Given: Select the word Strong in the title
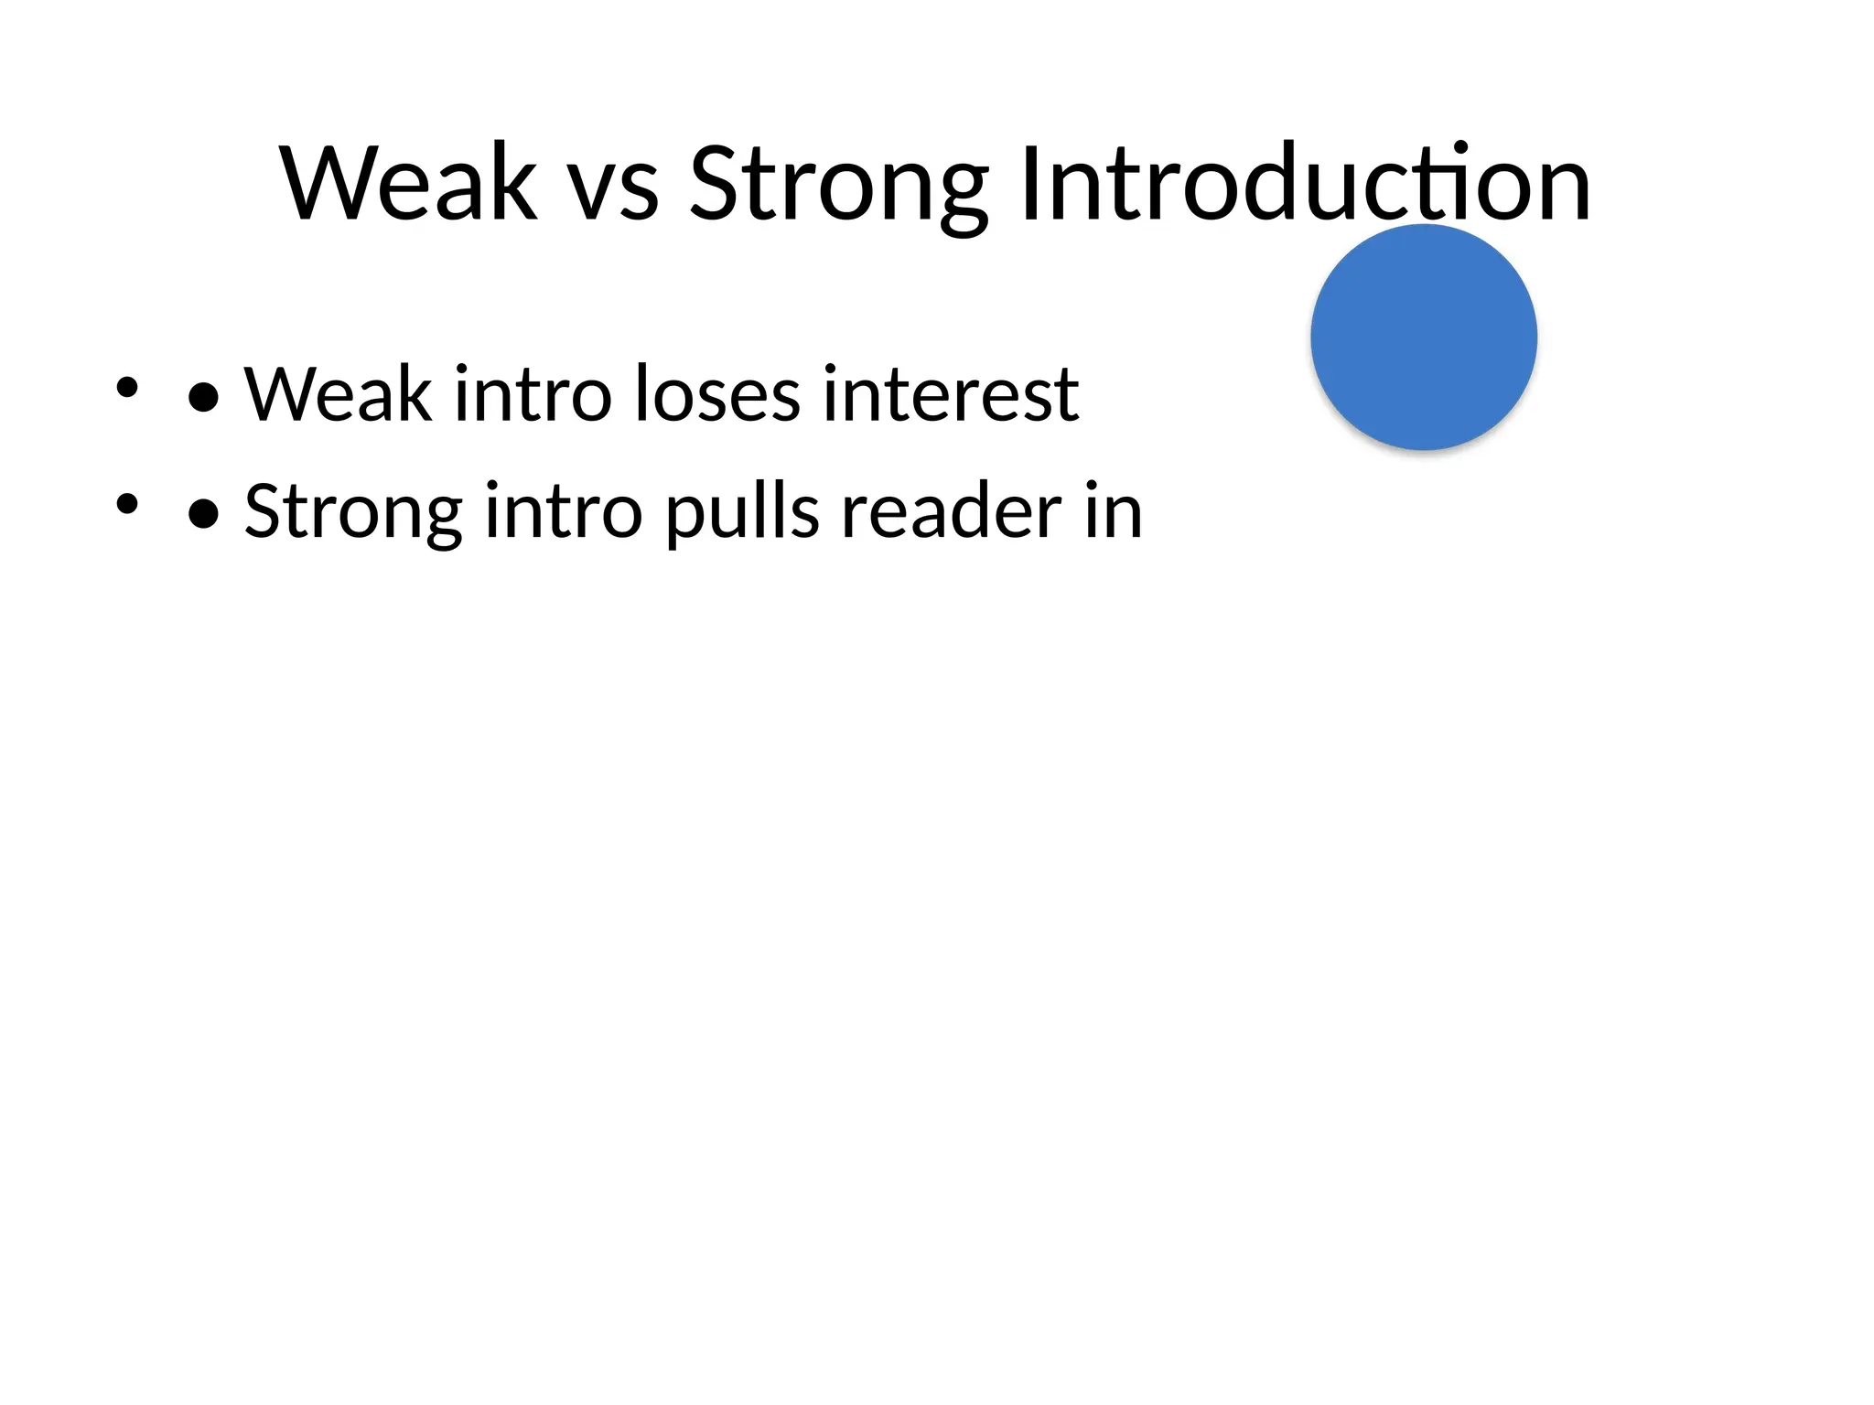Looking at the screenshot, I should coord(838,187).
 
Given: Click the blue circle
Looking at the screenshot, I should coord(1423,337).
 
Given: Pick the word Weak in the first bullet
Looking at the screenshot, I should coord(338,394).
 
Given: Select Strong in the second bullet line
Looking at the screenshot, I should coord(353,513).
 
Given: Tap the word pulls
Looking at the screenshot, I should coord(741,513).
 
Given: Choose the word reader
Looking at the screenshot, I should coord(952,511).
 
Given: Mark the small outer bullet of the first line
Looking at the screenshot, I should coord(126,387).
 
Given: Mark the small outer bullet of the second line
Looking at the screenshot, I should coord(126,504).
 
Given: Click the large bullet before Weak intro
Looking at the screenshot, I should coord(203,398).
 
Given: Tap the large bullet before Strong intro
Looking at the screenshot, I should coord(203,515).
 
